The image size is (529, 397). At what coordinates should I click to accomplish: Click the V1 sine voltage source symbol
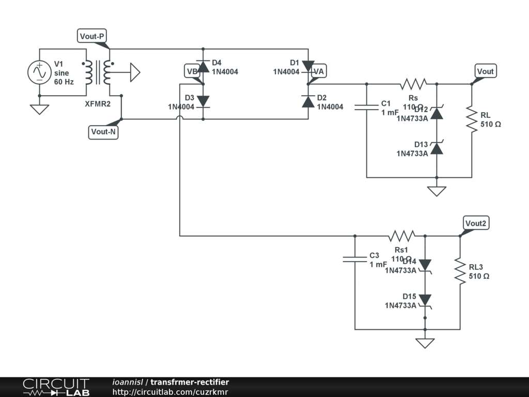click(x=39, y=72)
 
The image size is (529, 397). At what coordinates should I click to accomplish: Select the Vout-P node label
click(x=92, y=36)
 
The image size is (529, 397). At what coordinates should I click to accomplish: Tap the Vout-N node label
click(x=104, y=132)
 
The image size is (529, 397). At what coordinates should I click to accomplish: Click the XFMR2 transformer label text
click(x=98, y=104)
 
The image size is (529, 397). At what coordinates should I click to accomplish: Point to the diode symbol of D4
click(x=203, y=66)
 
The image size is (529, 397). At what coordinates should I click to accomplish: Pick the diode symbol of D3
click(x=203, y=101)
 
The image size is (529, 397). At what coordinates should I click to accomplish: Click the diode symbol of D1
click(x=308, y=66)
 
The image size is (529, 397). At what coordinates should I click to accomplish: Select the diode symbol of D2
click(x=308, y=101)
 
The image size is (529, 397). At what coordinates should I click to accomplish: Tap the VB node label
click(x=192, y=72)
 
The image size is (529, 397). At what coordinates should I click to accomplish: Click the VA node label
click(x=319, y=71)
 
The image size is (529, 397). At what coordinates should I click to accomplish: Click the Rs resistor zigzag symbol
click(x=413, y=84)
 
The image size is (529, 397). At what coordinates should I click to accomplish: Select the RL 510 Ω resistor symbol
click(x=472, y=119)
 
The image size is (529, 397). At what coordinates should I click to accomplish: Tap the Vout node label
click(x=485, y=71)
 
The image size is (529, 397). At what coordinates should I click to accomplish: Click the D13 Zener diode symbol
click(x=437, y=148)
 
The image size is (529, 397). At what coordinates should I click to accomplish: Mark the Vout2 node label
click(x=476, y=223)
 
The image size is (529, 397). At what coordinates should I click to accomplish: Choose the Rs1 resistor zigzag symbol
click(x=401, y=236)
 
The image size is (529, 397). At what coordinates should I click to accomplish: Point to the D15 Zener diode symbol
click(x=425, y=300)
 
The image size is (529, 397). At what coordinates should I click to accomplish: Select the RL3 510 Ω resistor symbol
click(x=460, y=271)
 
